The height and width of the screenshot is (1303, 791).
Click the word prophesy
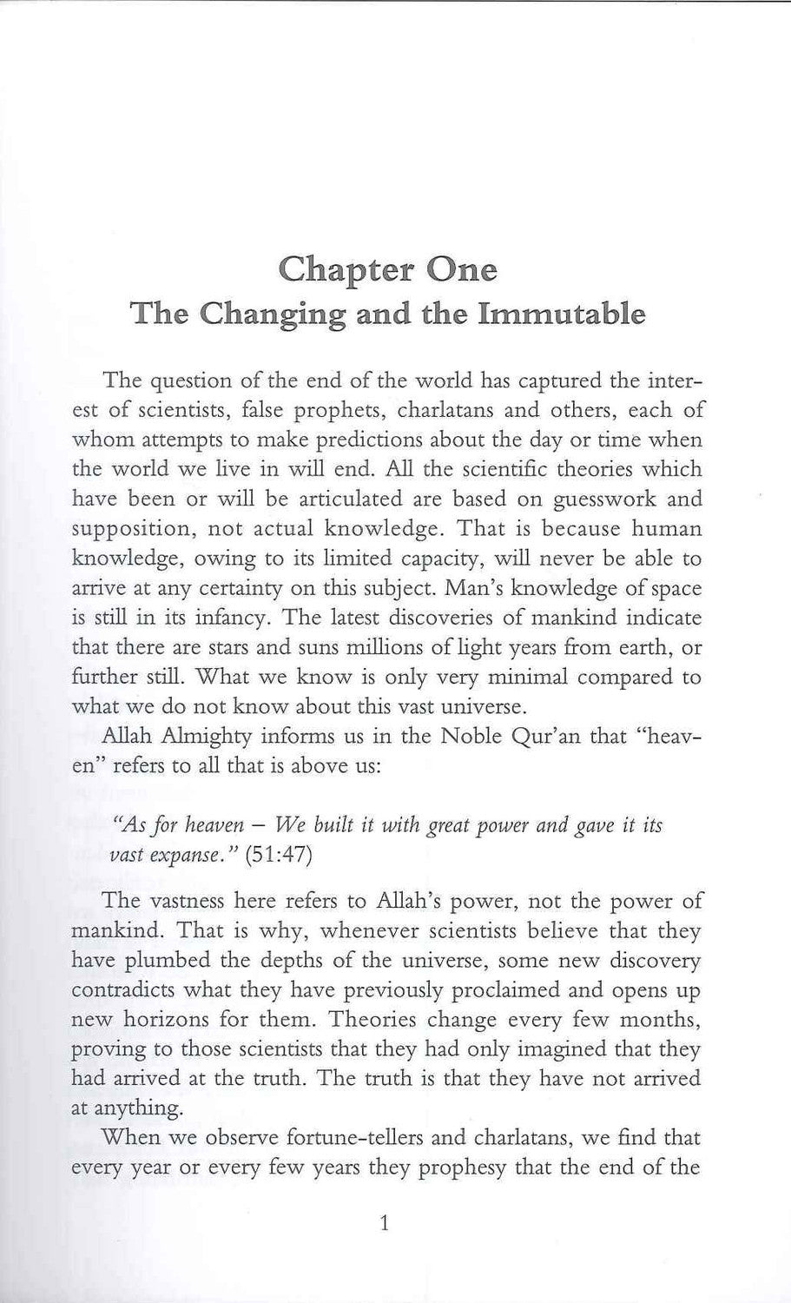pyautogui.click(x=462, y=1167)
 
